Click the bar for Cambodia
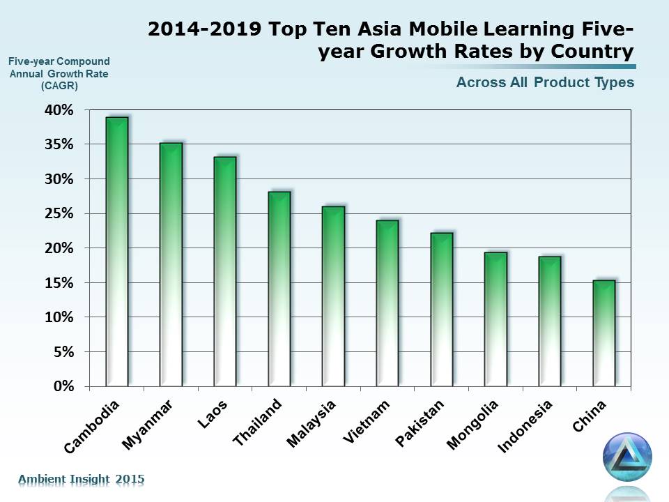[x=116, y=251]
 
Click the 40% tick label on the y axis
[x=59, y=110]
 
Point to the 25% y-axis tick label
[x=59, y=213]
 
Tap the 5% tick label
[x=62, y=352]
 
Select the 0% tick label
[x=62, y=386]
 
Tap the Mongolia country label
[x=473, y=425]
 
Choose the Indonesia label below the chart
[x=526, y=425]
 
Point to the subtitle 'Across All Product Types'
[x=545, y=82]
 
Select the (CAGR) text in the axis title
[x=59, y=86]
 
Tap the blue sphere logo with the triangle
[x=627, y=457]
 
